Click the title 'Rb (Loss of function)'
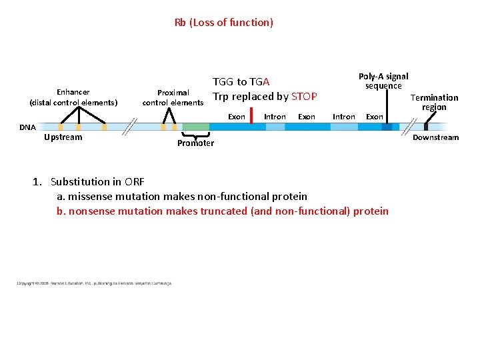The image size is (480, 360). coord(223,23)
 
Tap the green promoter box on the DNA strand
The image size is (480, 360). coord(195,127)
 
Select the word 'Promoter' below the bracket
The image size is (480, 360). coord(195,143)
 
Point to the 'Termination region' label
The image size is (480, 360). coord(434,102)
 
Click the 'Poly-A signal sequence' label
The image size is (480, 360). coord(383,81)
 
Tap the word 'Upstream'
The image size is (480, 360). coord(63,137)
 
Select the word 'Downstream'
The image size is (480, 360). coord(436,137)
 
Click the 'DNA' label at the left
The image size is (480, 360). coord(27,127)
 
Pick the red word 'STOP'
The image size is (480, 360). coord(304,97)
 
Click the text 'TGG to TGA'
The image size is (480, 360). coord(241,82)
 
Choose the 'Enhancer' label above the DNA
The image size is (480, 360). coord(73,92)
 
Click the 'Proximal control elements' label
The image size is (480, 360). coord(173,97)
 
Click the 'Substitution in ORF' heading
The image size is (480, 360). coord(97,181)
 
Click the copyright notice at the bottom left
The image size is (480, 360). coord(94,283)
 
